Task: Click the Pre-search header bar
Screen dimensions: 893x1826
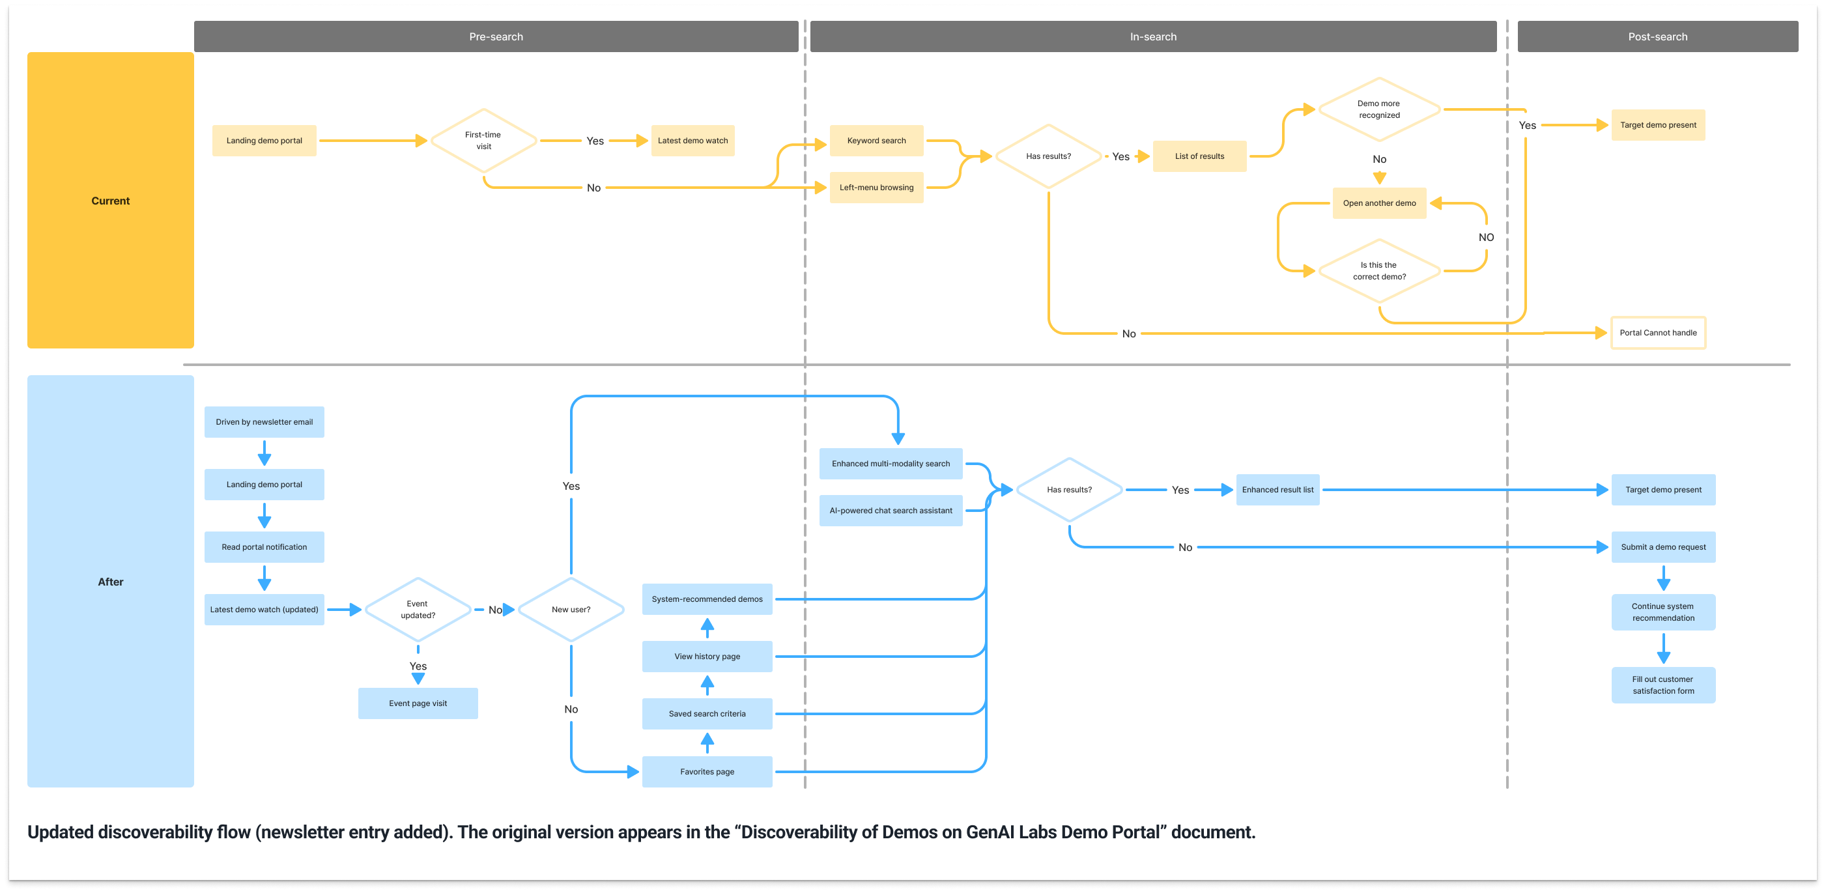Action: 496,36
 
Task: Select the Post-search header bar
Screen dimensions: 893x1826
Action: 1657,36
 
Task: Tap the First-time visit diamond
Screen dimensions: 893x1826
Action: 483,140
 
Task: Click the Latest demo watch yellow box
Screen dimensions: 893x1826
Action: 692,140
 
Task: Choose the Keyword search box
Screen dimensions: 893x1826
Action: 876,140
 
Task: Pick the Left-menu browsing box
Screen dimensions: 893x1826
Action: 876,188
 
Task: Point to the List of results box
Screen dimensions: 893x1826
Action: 1199,156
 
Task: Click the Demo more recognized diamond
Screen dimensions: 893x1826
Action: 1378,109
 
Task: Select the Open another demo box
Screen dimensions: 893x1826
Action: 1378,203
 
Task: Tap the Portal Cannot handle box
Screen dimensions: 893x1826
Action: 1657,332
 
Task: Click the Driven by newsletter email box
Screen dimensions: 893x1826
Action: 264,421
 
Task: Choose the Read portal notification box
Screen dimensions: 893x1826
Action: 264,547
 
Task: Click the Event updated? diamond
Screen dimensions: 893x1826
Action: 418,610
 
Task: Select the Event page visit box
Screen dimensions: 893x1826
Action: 418,703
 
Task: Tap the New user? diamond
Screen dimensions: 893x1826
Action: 571,610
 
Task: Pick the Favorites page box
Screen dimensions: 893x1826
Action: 707,772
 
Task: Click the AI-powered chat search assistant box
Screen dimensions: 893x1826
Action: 891,510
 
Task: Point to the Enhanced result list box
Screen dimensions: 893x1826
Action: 1277,490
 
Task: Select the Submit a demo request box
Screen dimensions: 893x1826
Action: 1663,547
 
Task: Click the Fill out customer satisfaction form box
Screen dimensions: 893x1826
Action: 1663,685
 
